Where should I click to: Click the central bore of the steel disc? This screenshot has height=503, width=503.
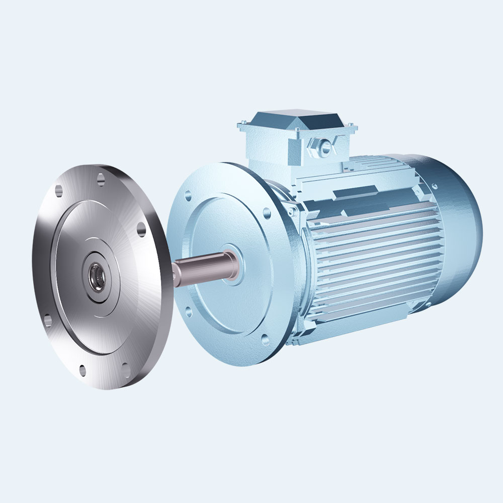[x=95, y=276]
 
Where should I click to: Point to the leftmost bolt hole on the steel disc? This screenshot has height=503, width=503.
[x=47, y=318]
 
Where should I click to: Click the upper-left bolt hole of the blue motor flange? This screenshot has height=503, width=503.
[x=188, y=193]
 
